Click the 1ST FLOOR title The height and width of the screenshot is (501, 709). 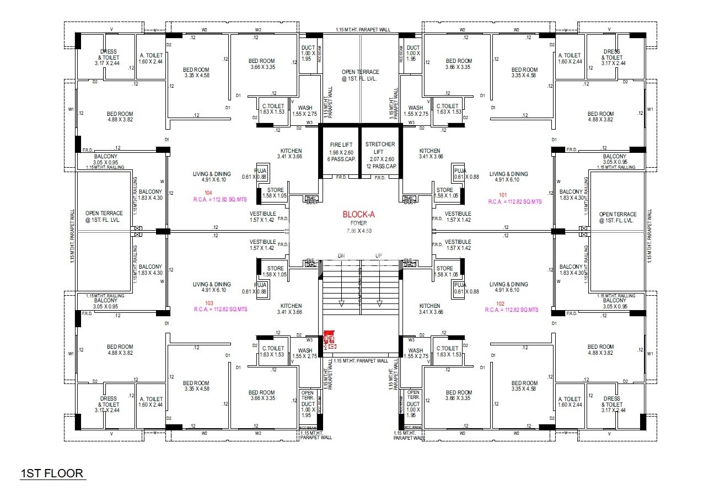52,473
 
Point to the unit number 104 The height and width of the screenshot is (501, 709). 208,193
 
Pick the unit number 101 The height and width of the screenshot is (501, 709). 503,194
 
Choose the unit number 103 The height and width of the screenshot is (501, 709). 209,303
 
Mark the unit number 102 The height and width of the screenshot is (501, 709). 500,303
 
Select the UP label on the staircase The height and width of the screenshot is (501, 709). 378,255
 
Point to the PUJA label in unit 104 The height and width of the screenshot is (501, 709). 260,170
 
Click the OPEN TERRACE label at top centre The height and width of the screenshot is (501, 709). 360,72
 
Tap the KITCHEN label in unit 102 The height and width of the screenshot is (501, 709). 430,306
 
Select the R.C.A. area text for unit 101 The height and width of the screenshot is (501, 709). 515,201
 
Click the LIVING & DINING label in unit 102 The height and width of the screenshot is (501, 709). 508,284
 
